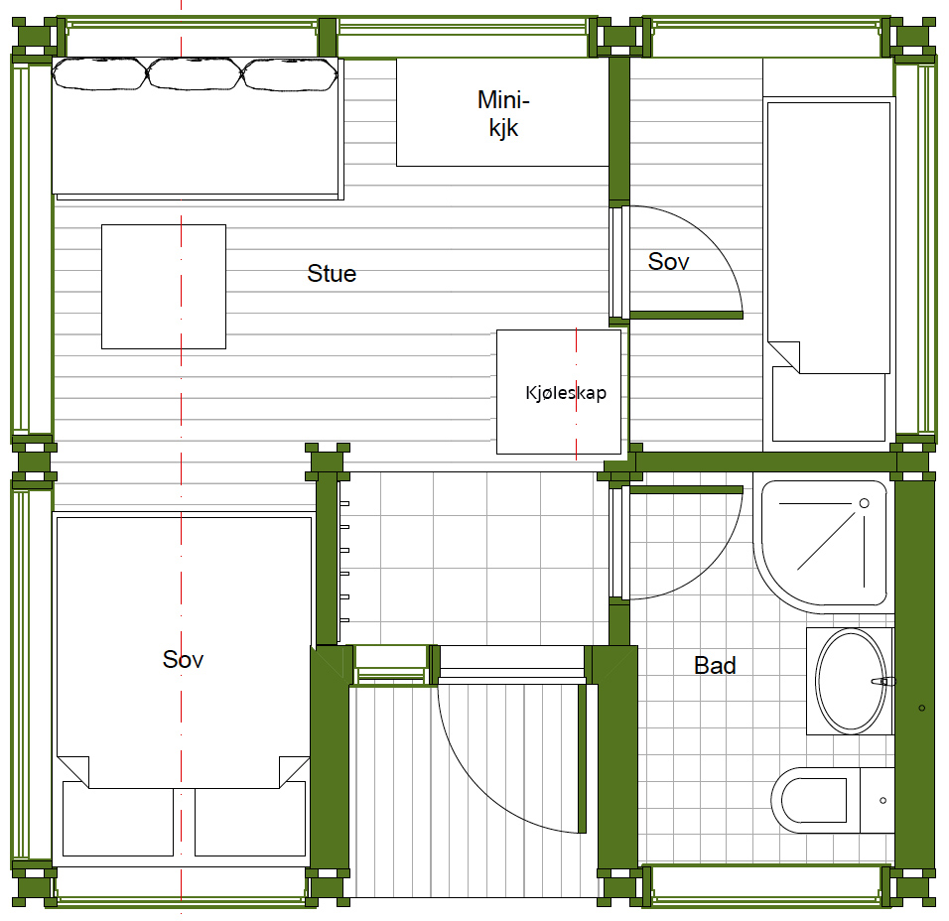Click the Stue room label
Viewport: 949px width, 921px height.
click(x=332, y=274)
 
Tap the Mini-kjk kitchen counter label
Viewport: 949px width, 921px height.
click(x=503, y=114)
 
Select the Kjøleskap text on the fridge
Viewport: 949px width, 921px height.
click(x=566, y=393)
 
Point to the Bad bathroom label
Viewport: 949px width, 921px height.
click(x=715, y=666)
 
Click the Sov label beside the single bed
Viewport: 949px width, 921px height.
click(x=668, y=261)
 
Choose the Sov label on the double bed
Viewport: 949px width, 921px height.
click(x=183, y=659)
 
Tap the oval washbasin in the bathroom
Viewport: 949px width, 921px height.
click(x=851, y=681)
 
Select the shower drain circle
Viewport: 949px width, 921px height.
click(x=865, y=503)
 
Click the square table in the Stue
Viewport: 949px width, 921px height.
click(x=164, y=287)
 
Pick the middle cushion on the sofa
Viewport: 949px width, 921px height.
click(x=195, y=73)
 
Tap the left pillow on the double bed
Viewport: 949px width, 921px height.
click(x=118, y=819)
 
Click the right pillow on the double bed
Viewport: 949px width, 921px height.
click(x=250, y=819)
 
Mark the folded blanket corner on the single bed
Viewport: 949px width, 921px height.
click(x=784, y=357)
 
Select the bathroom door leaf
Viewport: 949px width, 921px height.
click(x=686, y=490)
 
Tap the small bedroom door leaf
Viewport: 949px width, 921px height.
click(x=686, y=316)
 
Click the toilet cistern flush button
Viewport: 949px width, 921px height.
click(x=883, y=801)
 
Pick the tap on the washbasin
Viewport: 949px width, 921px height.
click(x=883, y=682)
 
